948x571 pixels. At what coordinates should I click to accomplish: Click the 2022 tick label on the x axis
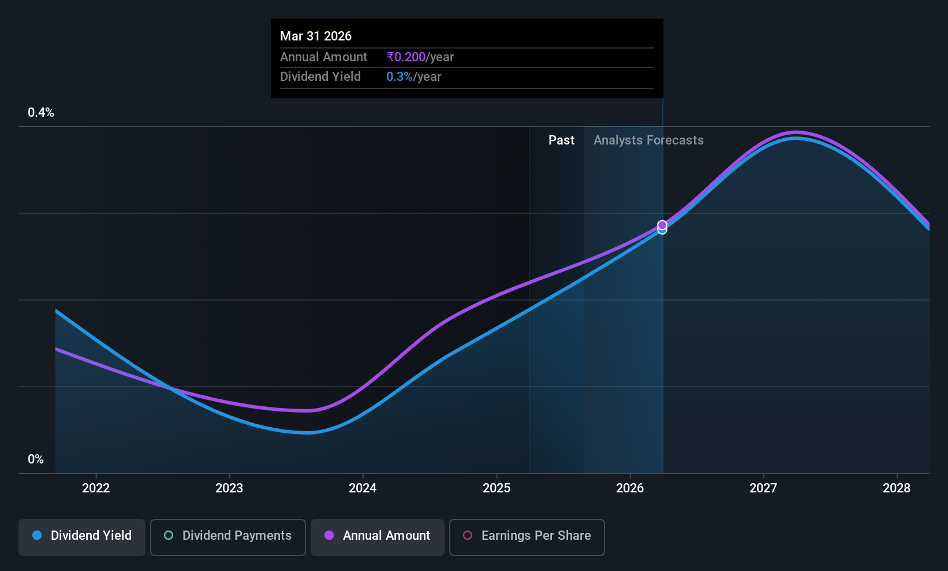(96, 488)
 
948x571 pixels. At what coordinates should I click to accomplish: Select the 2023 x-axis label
(229, 488)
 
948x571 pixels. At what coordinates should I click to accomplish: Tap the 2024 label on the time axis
(363, 488)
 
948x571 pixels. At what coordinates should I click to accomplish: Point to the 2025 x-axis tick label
(497, 488)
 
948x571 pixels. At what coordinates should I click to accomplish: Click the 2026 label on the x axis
(630, 488)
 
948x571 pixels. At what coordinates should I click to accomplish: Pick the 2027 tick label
(763, 488)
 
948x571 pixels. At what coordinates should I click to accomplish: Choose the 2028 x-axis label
(897, 488)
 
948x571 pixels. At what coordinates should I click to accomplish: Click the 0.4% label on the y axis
(40, 113)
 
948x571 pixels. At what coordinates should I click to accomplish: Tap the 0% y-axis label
(36, 459)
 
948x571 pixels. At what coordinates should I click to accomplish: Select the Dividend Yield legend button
(81, 537)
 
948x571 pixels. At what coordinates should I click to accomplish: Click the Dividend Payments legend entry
(227, 537)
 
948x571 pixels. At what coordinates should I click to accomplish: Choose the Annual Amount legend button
(378, 537)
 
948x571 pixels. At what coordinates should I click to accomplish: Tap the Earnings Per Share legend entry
(527, 537)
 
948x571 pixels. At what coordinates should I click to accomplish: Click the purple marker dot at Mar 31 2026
(662, 225)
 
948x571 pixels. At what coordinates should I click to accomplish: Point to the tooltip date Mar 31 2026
(316, 36)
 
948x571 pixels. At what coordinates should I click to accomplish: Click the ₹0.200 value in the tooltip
(406, 57)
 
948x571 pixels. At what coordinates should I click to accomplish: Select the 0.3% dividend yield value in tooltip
(399, 77)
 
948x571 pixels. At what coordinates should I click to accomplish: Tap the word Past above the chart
(561, 140)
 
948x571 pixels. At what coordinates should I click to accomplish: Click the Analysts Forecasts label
(648, 140)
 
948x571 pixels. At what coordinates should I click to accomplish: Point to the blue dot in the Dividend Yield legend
(38, 535)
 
